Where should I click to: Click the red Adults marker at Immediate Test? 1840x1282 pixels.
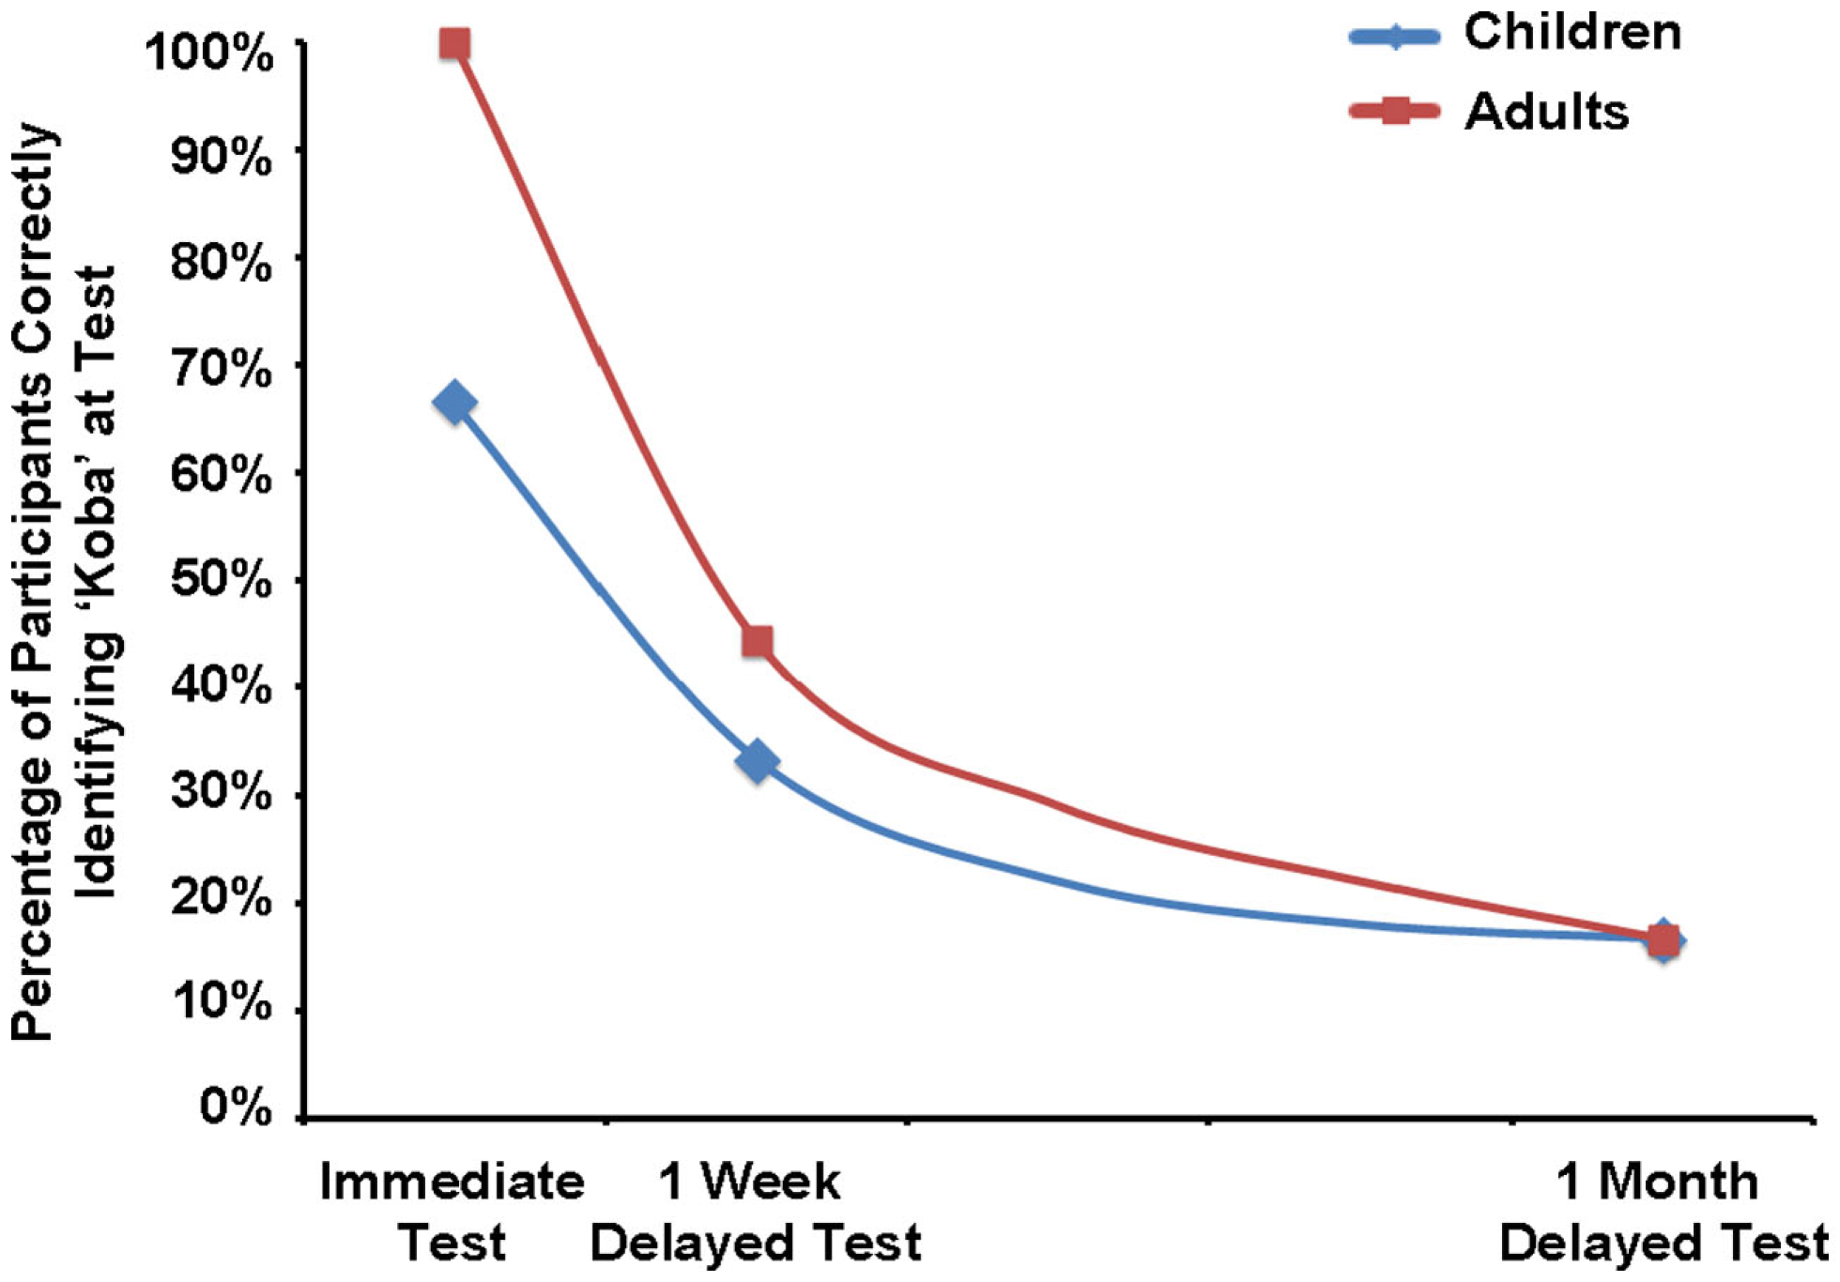click(x=454, y=43)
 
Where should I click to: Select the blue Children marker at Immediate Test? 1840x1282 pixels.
click(x=454, y=404)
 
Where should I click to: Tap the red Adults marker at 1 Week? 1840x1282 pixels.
click(x=757, y=642)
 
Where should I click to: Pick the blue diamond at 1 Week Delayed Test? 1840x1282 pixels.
click(x=757, y=761)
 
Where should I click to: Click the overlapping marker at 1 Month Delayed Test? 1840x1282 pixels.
click(x=1663, y=940)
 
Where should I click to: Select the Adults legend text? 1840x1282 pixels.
click(x=1546, y=112)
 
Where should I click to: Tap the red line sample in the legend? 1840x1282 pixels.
click(x=1394, y=112)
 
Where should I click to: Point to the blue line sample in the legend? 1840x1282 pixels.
click(x=1394, y=37)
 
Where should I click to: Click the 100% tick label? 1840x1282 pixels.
click(x=209, y=53)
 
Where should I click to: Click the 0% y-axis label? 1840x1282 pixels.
click(x=235, y=1108)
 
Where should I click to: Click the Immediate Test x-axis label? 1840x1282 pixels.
click(x=452, y=1211)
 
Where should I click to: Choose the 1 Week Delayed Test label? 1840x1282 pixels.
click(x=755, y=1211)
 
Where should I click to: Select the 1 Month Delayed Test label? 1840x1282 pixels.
click(x=1660, y=1211)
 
